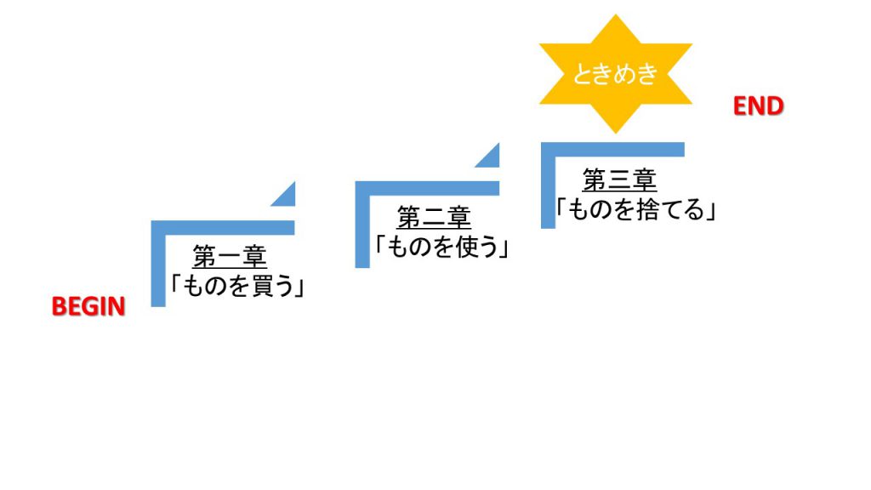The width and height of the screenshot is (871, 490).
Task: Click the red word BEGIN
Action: [88, 306]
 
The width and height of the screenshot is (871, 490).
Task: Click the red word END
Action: [758, 106]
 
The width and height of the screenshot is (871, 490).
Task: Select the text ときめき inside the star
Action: [616, 74]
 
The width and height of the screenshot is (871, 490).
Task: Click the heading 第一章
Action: [230, 256]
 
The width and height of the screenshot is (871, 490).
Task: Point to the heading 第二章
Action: [434, 218]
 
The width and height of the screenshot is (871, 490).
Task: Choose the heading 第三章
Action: [619, 179]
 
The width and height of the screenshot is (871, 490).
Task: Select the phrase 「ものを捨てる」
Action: [635, 208]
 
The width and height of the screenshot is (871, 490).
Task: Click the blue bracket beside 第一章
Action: [158, 255]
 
